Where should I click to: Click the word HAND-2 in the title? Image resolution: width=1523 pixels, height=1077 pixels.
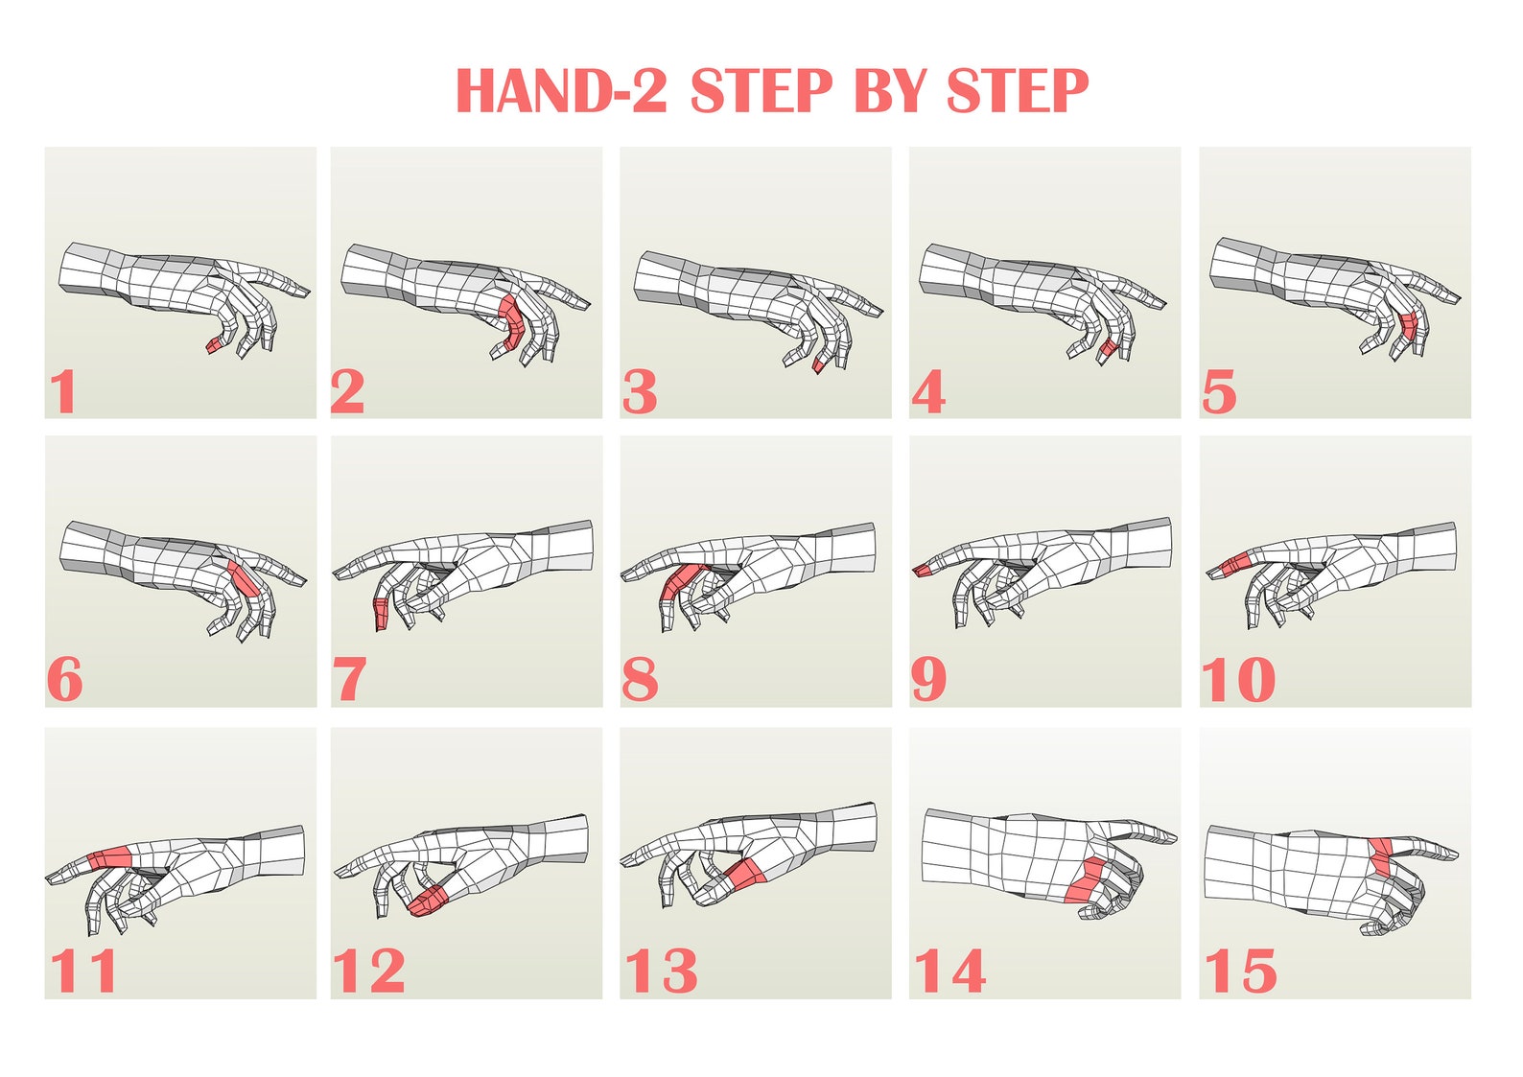click(x=560, y=91)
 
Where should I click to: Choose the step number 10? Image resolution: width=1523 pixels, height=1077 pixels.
click(x=1238, y=680)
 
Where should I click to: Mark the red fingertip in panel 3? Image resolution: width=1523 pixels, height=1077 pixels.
click(x=819, y=365)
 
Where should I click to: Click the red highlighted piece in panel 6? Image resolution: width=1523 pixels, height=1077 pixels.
click(x=243, y=578)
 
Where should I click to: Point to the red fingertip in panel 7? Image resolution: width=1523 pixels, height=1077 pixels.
click(x=381, y=613)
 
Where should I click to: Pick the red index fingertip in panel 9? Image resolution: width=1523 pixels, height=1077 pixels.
click(x=923, y=571)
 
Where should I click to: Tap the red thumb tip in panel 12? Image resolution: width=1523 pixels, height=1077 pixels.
click(x=430, y=900)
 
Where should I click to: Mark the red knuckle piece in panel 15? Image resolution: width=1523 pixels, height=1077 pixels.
click(x=1381, y=856)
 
